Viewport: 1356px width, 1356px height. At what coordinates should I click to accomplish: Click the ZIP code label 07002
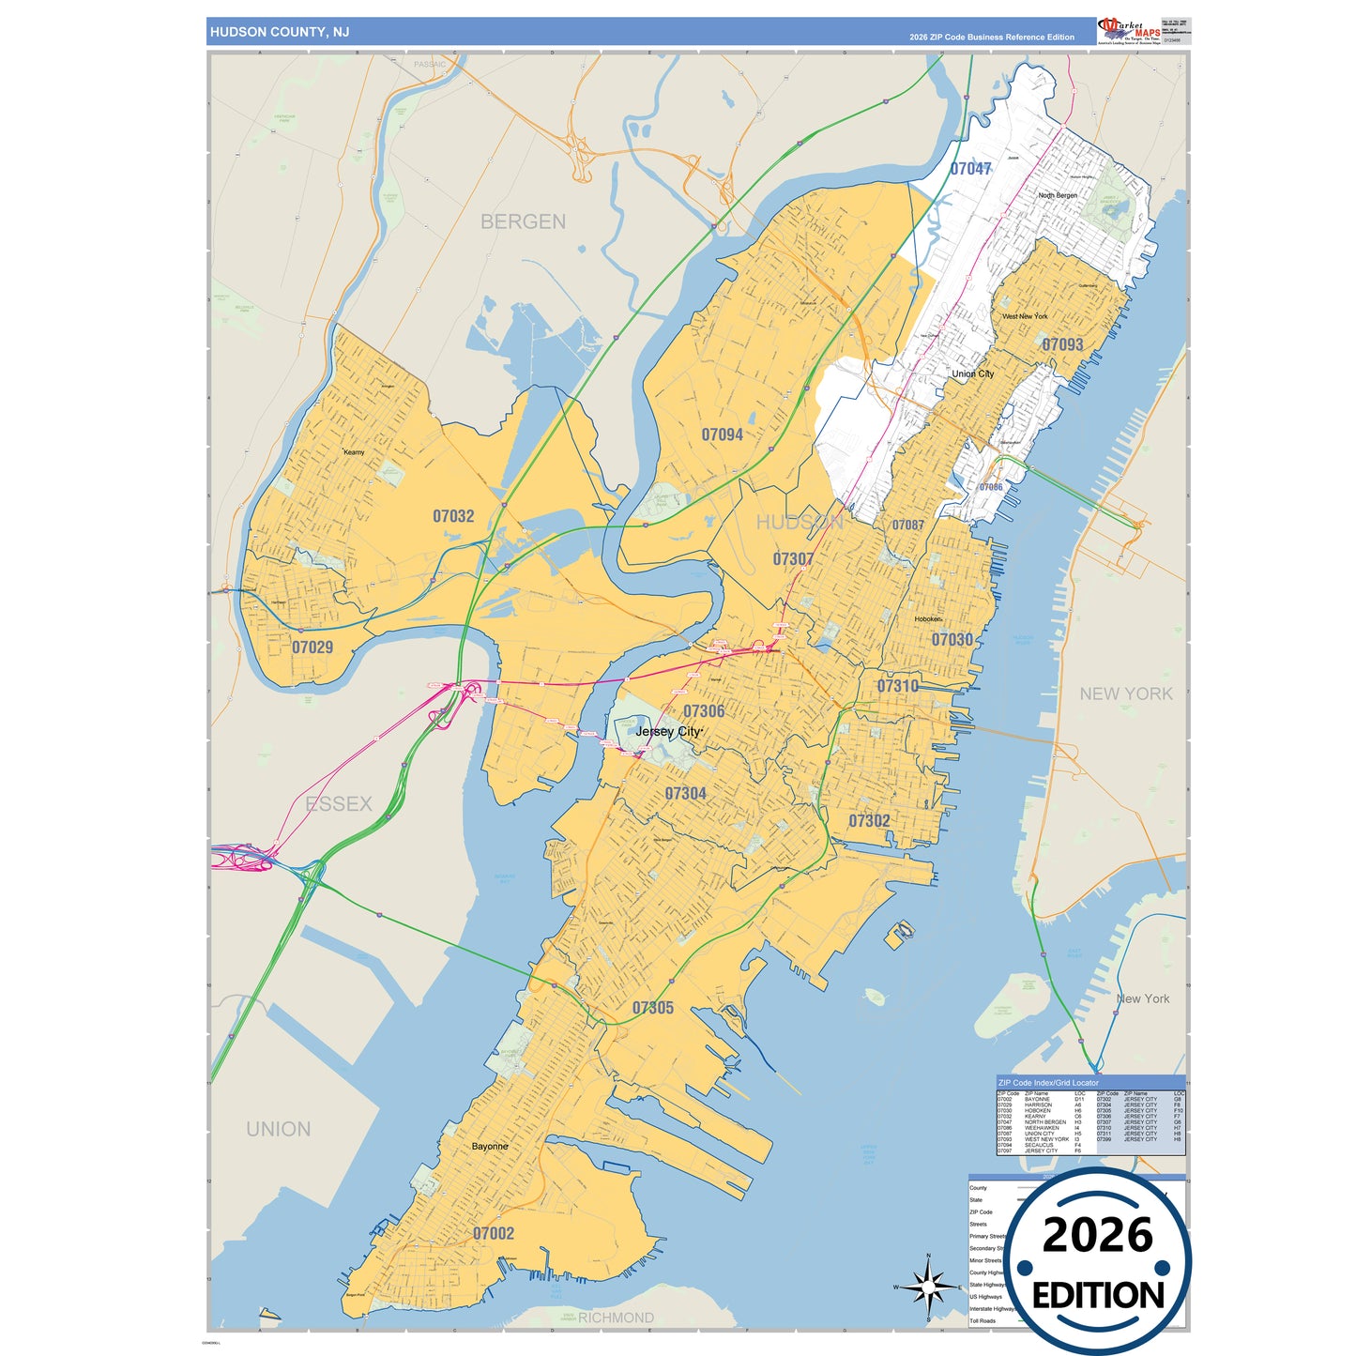(494, 1233)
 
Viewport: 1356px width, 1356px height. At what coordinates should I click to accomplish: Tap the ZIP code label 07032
(453, 516)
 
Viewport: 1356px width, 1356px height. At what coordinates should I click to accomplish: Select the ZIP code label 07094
(723, 434)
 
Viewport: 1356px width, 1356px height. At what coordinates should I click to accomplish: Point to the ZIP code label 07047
(970, 169)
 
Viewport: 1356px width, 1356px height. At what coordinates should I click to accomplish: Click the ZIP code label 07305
(653, 1008)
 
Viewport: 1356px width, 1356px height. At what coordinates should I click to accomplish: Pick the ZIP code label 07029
(312, 648)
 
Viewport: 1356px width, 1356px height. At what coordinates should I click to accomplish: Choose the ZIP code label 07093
(1062, 344)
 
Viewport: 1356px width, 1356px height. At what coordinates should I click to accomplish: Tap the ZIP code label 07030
(952, 639)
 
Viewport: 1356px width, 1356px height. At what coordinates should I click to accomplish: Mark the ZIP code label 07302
(869, 821)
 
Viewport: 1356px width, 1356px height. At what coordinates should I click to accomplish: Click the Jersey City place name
(668, 731)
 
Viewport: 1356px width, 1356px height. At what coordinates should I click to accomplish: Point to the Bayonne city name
(490, 1146)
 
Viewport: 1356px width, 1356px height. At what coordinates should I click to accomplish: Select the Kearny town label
(354, 452)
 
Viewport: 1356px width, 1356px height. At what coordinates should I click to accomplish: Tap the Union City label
(973, 373)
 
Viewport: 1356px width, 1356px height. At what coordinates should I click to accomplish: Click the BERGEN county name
(523, 221)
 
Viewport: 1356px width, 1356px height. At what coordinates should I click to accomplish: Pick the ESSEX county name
(339, 803)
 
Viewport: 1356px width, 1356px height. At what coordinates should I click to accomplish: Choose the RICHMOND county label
(616, 1318)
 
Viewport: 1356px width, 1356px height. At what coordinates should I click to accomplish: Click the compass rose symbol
(928, 1287)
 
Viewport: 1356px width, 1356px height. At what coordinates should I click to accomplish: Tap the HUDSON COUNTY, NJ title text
(280, 32)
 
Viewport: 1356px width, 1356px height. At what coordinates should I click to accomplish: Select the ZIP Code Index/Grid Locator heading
(1048, 1083)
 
